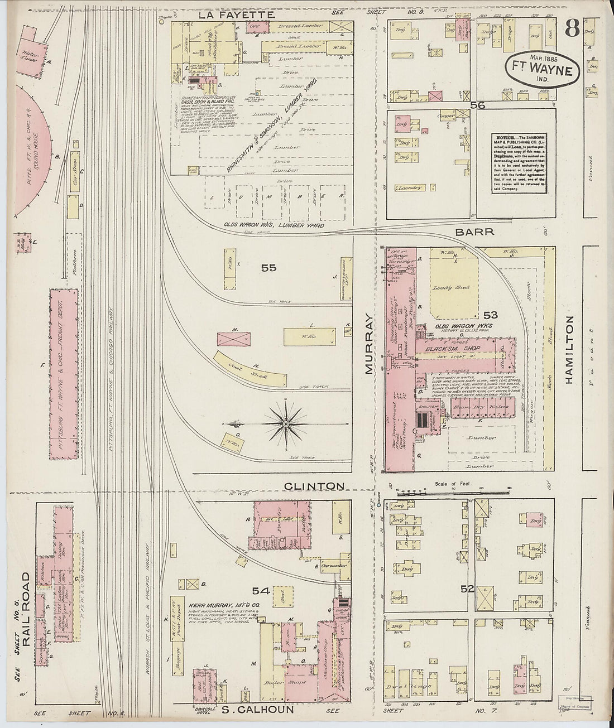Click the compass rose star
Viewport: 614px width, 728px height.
pyautogui.click(x=286, y=425)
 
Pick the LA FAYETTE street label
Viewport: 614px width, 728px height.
pyautogui.click(x=229, y=15)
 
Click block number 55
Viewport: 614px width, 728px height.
pyautogui.click(x=268, y=268)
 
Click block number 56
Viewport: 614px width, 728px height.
pyautogui.click(x=477, y=104)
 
